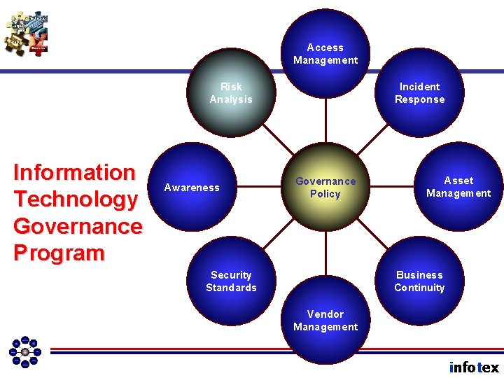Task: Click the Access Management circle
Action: pyautogui.click(x=325, y=53)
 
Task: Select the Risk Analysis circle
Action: pyautogui.click(x=231, y=93)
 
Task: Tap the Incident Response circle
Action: pyautogui.click(x=420, y=93)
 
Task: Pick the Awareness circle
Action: pyautogui.click(x=192, y=187)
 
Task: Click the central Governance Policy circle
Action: pyautogui.click(x=325, y=187)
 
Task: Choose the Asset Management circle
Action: pyautogui.click(x=458, y=187)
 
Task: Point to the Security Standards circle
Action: pyautogui.click(x=231, y=281)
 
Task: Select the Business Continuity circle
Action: pyautogui.click(x=419, y=281)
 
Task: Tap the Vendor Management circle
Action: pyautogui.click(x=325, y=321)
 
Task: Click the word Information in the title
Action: pyautogui.click(x=74, y=172)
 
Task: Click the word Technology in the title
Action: pyautogui.click(x=76, y=199)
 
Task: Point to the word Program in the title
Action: pyautogui.click(x=59, y=253)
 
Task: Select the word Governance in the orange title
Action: pyautogui.click(x=78, y=226)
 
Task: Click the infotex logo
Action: pyautogui.click(x=474, y=367)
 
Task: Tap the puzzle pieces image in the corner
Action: pyautogui.click(x=27, y=34)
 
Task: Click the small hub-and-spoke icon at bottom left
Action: pyautogui.click(x=25, y=351)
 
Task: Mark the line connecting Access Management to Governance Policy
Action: pyautogui.click(x=325, y=122)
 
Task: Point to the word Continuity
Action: pyautogui.click(x=419, y=288)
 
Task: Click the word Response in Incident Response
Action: pyautogui.click(x=420, y=99)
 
